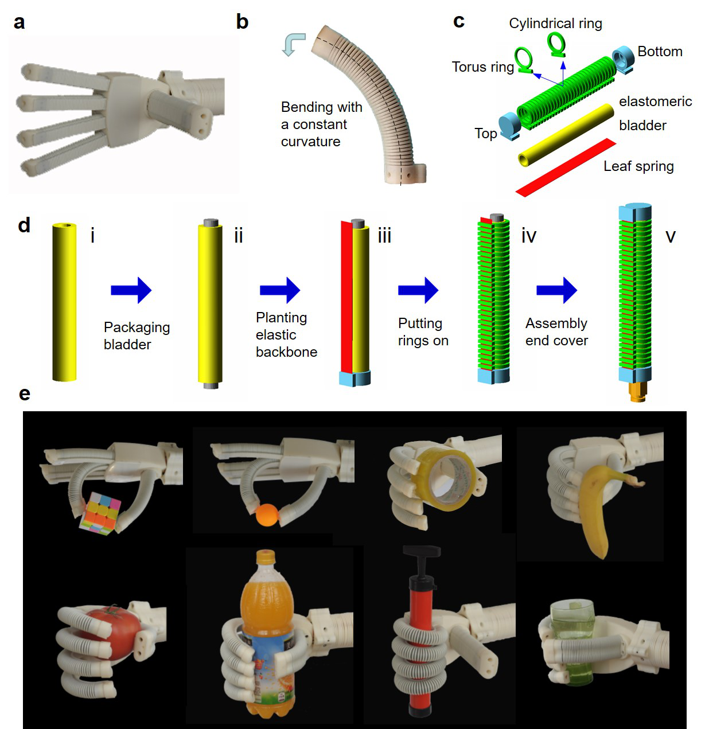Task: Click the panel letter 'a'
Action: (19, 22)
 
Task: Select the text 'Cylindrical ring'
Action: (555, 23)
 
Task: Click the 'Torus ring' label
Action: (483, 67)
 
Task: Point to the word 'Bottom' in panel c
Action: (660, 51)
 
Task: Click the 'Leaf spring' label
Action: (638, 166)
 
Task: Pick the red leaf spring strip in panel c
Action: (566, 167)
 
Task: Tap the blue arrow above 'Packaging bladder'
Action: (131, 290)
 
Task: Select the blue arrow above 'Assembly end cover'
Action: (556, 290)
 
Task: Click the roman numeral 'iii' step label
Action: (384, 236)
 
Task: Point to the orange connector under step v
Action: (637, 392)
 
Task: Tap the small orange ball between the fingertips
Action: (267, 515)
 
